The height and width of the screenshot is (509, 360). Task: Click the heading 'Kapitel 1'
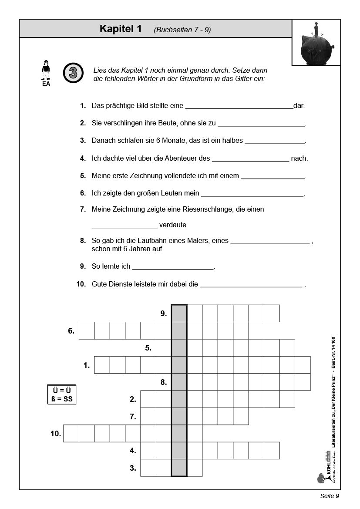coord(121,29)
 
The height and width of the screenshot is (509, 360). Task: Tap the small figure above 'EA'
coord(46,70)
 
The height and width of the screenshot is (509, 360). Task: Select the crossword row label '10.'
coord(56,434)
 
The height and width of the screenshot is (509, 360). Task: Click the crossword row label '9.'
coord(164,313)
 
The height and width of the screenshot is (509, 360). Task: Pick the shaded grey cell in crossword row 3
coord(179,468)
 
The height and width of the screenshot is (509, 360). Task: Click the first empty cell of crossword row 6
coord(86,330)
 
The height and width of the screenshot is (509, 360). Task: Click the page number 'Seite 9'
coord(329,496)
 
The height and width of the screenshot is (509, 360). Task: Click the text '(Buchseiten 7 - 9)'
coord(182,30)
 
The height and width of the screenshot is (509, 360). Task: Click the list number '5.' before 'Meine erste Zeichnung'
coord(83,176)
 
